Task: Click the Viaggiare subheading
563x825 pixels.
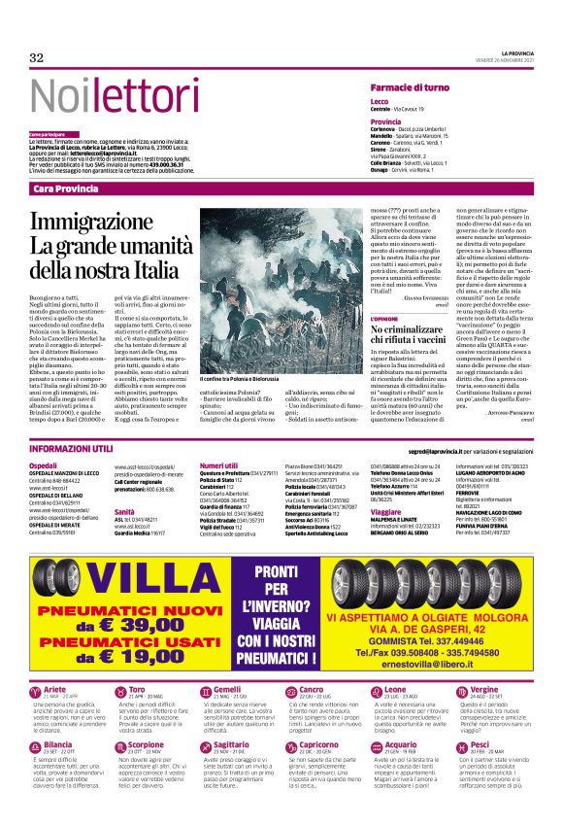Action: (x=386, y=511)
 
